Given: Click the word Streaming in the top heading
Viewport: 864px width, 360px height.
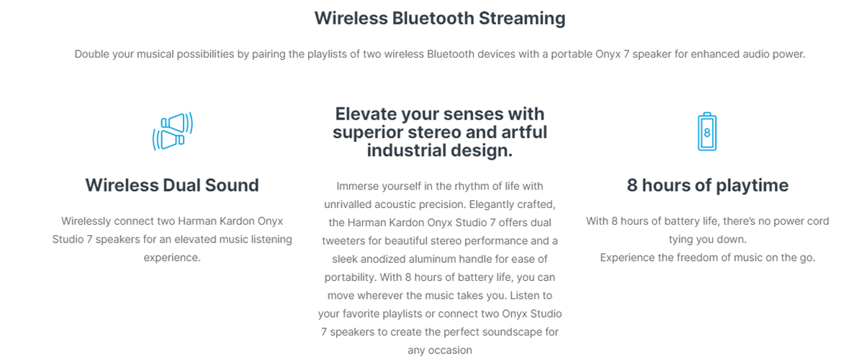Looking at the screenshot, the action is click(522, 19).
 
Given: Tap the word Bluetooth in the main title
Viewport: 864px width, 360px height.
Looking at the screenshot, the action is click(433, 18).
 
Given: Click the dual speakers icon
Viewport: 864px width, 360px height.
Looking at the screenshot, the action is click(172, 131).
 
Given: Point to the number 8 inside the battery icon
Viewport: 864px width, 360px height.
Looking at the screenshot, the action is click(707, 132).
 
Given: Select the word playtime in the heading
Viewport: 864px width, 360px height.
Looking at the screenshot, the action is click(752, 186).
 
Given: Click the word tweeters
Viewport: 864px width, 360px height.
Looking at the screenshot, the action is click(343, 241).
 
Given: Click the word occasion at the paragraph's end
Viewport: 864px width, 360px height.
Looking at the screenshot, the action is click(450, 351).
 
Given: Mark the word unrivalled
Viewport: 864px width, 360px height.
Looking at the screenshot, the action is click(348, 204).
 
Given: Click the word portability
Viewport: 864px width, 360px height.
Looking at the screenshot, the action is click(350, 278).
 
